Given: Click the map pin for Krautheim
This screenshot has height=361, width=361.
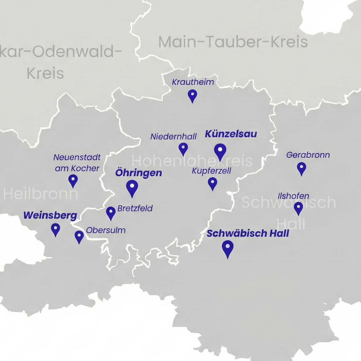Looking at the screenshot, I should tap(192, 95).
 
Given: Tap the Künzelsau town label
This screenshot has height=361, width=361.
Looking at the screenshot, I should tap(231, 134).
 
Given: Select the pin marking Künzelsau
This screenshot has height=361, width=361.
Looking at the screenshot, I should tap(220, 151).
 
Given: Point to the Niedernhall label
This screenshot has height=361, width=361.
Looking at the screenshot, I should tap(174, 137).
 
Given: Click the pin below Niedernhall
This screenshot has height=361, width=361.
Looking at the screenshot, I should tap(183, 149).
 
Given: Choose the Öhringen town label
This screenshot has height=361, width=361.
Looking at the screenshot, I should tap(139, 173).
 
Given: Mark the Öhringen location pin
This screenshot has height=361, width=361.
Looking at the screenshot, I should tap(132, 187).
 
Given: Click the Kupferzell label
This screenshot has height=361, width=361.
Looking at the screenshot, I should tap(211, 171).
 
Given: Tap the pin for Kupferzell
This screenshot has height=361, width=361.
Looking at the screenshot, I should tap(212, 183).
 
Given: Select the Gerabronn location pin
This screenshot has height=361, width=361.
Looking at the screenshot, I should tap(301, 168).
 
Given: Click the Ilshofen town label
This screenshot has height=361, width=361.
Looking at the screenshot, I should tap(293, 196).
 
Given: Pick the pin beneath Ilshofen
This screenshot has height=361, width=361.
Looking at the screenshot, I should tap(298, 208).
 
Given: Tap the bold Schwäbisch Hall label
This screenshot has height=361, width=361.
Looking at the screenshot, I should tap(248, 233).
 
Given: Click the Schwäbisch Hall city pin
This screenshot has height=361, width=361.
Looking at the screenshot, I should tap(228, 248).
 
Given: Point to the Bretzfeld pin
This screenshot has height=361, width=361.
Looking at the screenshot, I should tap(111, 212).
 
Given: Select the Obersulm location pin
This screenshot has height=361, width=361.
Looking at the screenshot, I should tap(79, 236).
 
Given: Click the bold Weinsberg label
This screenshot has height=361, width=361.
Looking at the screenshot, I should tap(50, 215).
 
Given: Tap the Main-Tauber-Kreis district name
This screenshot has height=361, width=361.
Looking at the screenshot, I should tap(233, 42).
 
